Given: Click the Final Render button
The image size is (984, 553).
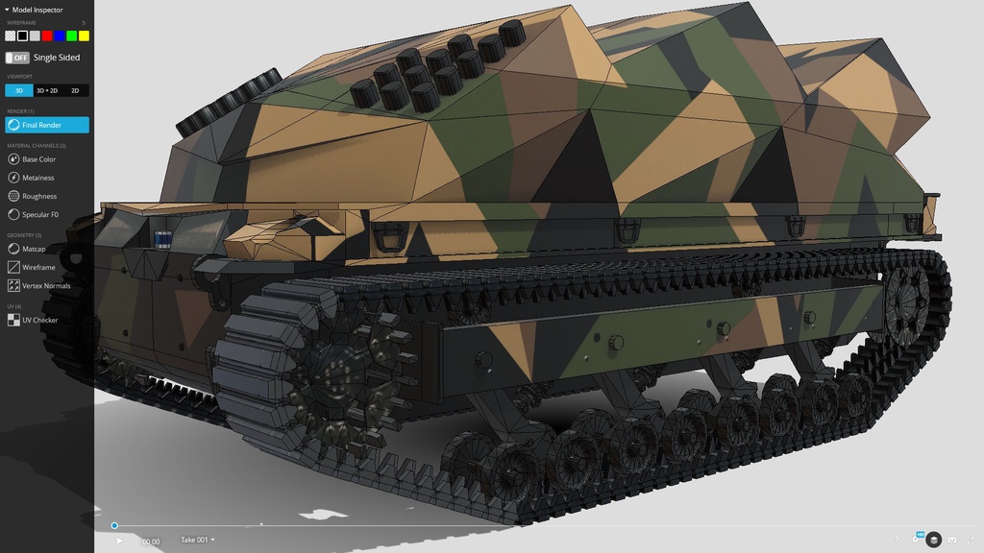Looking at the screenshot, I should coord(46,125).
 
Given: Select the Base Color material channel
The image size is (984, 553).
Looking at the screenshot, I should coord(38,159).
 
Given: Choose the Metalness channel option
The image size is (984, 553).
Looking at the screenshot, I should coord(38,178).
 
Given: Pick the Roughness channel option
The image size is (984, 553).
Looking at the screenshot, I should coord(38,196).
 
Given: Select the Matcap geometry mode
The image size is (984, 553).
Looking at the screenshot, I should coord(33,249).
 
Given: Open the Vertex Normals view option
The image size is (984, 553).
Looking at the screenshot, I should coord(45,285).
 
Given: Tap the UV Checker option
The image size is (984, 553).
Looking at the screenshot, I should coord(39,320).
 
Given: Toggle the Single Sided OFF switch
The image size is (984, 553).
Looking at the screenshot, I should coord(16,58).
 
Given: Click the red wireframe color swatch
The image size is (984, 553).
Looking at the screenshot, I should coord(47,36).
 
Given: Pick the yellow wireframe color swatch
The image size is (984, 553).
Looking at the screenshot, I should coord(84,36).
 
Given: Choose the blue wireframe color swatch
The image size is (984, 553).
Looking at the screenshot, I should coord(60,36).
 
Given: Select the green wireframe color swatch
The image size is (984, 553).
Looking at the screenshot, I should coord(71,36).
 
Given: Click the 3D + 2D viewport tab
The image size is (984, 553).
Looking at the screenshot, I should coord(47,90).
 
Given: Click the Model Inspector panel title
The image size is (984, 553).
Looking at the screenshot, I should coord(37,10).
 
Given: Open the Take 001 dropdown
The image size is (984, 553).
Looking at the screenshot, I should coord(197,540).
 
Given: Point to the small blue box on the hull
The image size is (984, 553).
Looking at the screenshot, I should coord(163,237).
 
